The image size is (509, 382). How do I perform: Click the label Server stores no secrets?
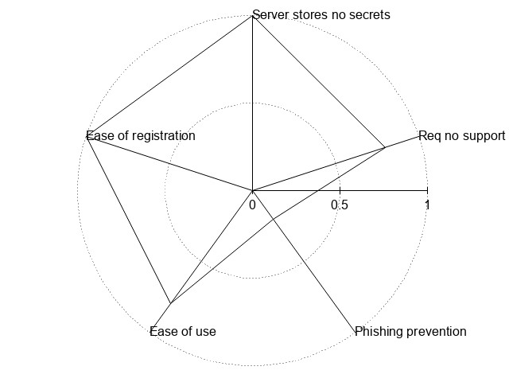tap(321, 14)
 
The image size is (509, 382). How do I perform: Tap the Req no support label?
tap(462, 135)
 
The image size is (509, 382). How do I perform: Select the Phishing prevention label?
tap(410, 331)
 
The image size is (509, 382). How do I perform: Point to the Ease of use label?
tap(183, 331)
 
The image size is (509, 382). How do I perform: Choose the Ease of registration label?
tap(141, 135)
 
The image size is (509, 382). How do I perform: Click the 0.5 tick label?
tap(340, 205)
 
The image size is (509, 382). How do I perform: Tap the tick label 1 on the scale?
tap(427, 205)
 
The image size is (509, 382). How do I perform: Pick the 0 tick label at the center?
tap(252, 205)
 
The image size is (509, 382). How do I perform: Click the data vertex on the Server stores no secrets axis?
tap(252, 16)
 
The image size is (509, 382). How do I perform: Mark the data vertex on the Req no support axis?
tap(385, 147)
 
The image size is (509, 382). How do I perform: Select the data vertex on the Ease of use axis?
tap(169, 303)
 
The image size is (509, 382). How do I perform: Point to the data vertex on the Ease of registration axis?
tap(86, 136)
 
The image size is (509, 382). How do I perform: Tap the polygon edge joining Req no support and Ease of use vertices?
tap(278, 224)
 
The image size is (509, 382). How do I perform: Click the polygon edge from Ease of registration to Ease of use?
tap(127, 219)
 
